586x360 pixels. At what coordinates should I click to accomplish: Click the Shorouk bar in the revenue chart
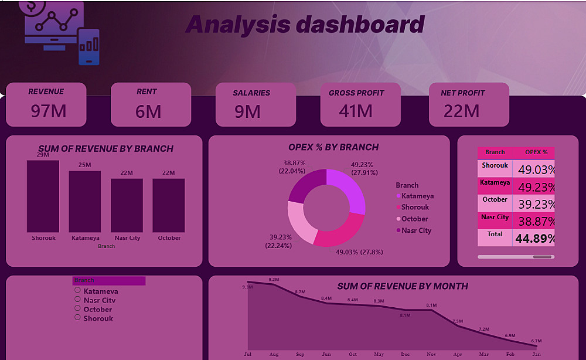click(x=43, y=196)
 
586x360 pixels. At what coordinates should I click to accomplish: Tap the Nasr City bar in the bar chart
click(x=127, y=205)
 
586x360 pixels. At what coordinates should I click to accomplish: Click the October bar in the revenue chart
click(x=169, y=205)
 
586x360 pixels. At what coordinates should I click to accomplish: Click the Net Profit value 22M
click(x=462, y=111)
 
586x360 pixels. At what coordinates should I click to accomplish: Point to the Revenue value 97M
click(x=49, y=111)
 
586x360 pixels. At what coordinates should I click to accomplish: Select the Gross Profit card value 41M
click(x=356, y=111)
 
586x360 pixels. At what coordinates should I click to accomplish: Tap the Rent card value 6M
click(x=148, y=111)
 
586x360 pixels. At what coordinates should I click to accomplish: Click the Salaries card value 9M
click(x=248, y=111)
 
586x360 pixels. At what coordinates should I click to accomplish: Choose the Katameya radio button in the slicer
click(x=77, y=290)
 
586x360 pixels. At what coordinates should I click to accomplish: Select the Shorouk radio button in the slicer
click(x=77, y=317)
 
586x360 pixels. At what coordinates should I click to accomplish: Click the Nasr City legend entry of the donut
click(x=416, y=230)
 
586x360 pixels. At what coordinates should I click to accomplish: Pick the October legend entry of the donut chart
click(x=414, y=219)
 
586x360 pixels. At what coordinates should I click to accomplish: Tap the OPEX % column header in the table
click(x=536, y=152)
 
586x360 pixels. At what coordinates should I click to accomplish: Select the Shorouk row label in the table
click(x=495, y=165)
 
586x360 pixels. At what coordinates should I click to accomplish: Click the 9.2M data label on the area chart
click(x=274, y=280)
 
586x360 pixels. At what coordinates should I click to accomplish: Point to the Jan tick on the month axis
click(x=536, y=354)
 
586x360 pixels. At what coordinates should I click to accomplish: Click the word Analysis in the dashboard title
click(x=238, y=25)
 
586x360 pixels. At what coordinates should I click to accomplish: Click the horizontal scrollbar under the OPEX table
click(x=515, y=257)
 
